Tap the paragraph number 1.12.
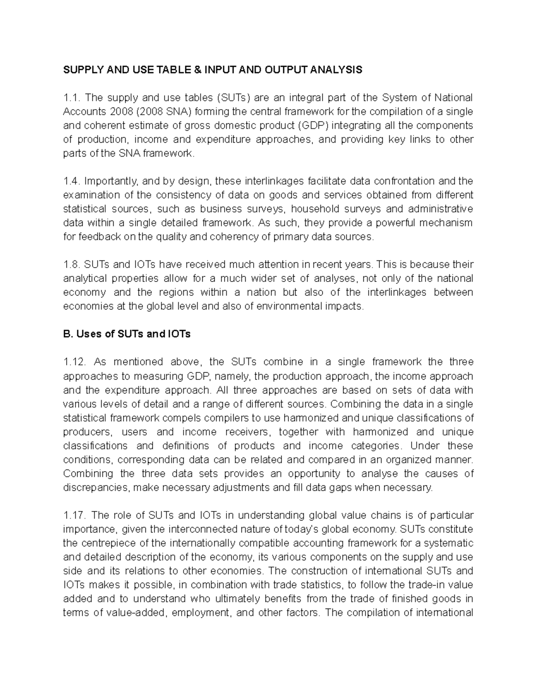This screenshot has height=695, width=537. [75, 362]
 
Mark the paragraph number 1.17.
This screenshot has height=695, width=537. [75, 515]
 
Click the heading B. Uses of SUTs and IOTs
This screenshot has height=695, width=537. [127, 334]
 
